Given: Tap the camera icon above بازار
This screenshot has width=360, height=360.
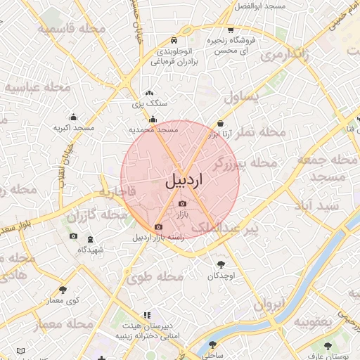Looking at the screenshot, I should (x=182, y=204).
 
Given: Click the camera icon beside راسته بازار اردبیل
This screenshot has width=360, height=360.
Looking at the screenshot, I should (x=158, y=227).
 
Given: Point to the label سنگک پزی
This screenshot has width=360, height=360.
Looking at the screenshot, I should (x=150, y=103).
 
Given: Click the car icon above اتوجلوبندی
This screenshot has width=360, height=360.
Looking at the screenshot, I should (x=174, y=40).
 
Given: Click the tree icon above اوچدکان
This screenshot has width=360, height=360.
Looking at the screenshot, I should (x=222, y=265).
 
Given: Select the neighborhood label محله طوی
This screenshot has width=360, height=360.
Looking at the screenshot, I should (x=155, y=277).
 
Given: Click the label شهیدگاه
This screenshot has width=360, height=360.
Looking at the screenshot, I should (x=90, y=250).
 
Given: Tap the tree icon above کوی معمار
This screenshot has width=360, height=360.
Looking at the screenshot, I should (x=63, y=290).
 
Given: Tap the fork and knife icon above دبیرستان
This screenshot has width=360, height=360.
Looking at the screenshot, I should (x=146, y=316).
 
